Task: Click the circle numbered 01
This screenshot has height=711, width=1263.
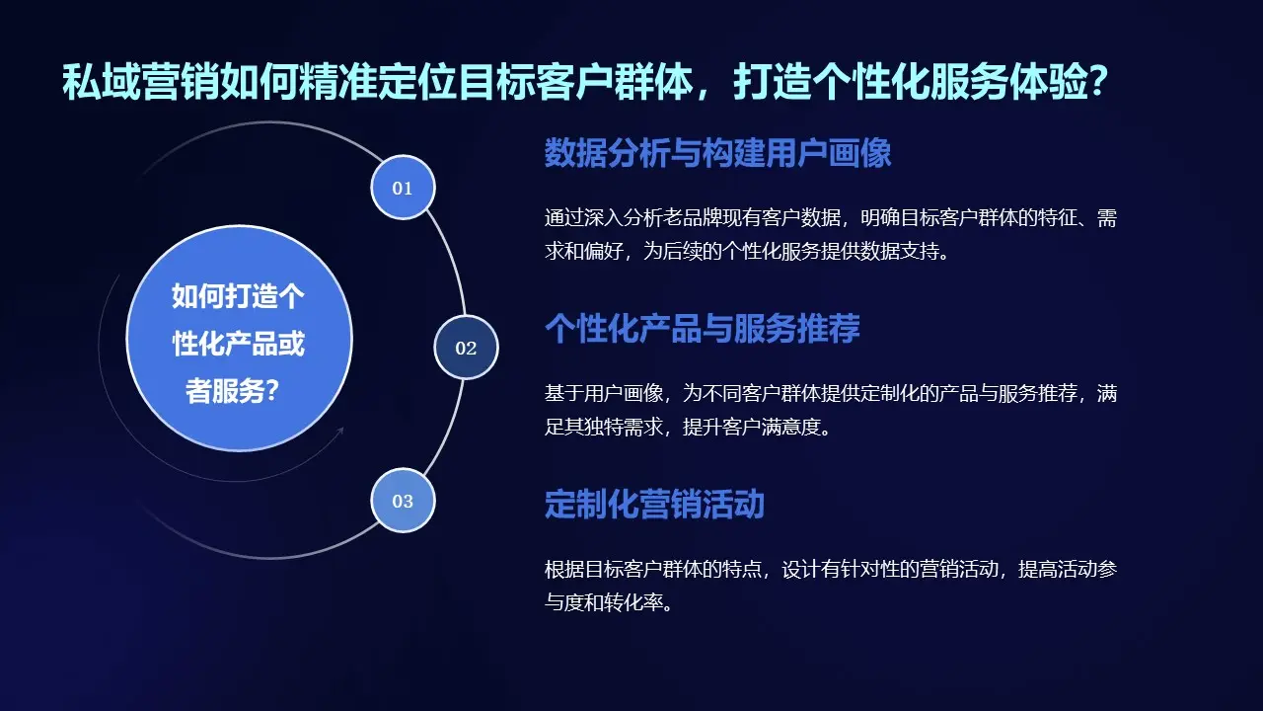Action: (x=403, y=188)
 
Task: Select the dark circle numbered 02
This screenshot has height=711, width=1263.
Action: (x=466, y=348)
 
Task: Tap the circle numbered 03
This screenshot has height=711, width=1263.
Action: (x=403, y=501)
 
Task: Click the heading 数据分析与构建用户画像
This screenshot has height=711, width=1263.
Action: (x=717, y=154)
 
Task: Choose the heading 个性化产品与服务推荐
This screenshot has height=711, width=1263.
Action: (x=702, y=329)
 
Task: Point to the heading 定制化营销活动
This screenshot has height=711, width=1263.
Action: (x=654, y=505)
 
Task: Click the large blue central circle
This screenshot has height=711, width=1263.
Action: (x=239, y=339)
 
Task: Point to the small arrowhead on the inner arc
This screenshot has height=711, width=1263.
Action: (x=340, y=431)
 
